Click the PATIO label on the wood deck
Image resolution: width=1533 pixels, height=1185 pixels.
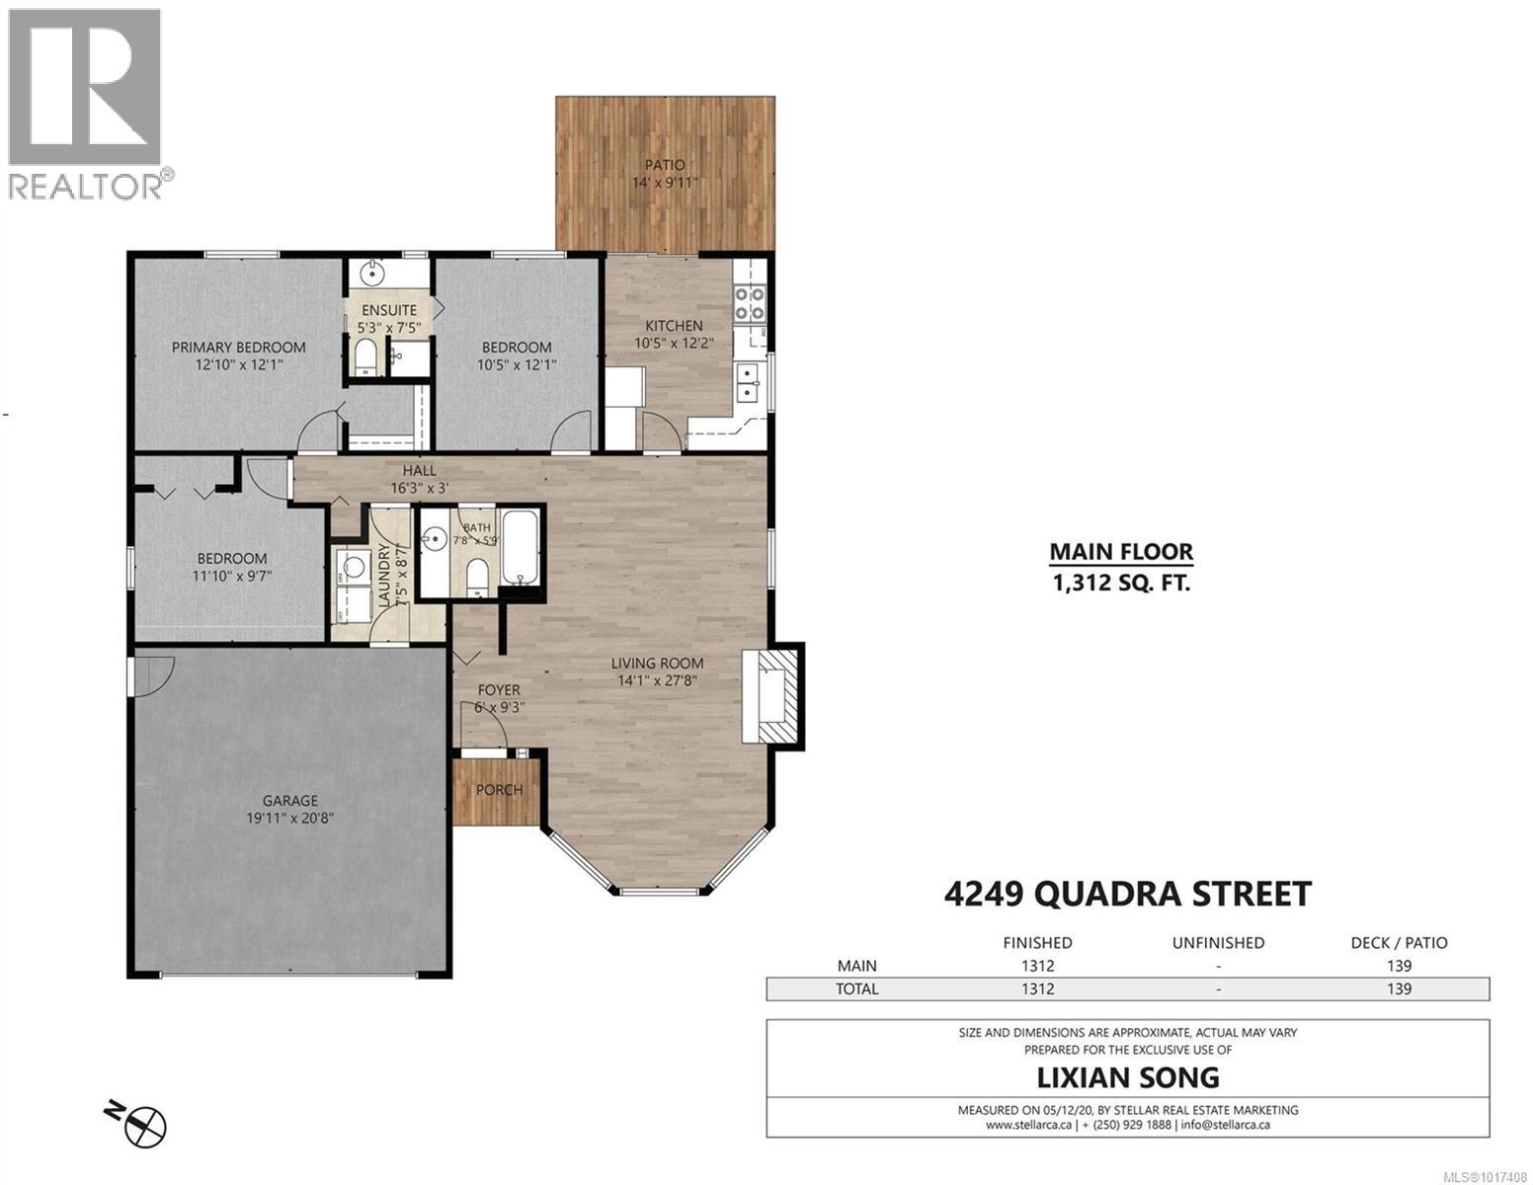click(665, 165)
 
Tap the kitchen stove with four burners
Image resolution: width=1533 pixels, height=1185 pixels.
click(748, 303)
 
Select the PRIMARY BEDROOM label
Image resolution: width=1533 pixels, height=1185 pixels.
click(238, 347)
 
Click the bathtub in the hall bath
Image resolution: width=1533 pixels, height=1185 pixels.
click(520, 547)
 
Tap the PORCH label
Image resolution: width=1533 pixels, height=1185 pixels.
click(499, 789)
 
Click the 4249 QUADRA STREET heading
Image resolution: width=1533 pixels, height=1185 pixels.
click(1127, 894)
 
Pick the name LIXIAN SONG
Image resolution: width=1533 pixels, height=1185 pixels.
click(1127, 1077)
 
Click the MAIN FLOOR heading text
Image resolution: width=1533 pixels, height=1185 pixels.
click(1120, 552)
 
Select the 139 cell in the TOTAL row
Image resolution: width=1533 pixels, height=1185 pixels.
click(1398, 989)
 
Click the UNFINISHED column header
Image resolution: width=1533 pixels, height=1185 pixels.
click(1217, 943)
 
